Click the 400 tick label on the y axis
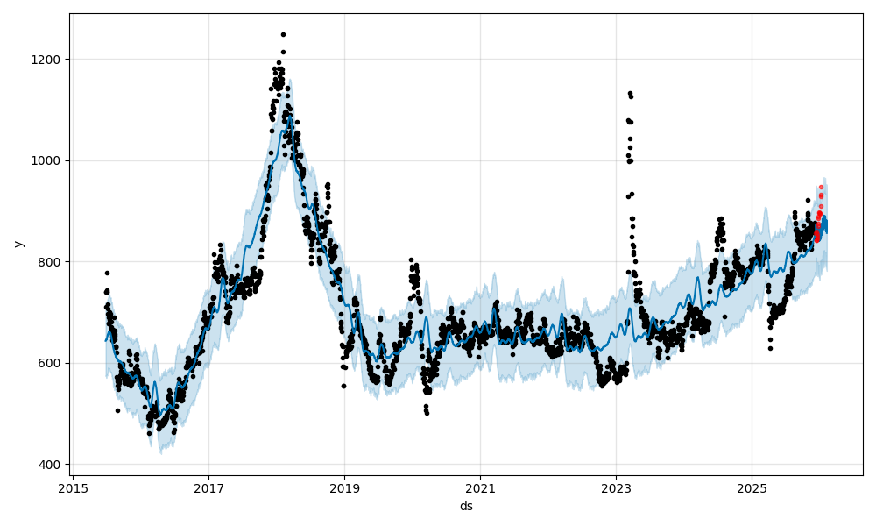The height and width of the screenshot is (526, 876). [52, 465]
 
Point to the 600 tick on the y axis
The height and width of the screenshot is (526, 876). [52, 363]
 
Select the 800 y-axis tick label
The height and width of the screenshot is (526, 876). [52, 262]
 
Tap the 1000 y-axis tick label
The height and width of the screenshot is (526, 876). [48, 160]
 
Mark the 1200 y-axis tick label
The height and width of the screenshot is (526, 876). [48, 60]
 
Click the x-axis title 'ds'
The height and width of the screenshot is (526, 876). [466, 506]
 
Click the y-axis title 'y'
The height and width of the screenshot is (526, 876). [18, 244]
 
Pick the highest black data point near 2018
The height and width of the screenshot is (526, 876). [283, 34]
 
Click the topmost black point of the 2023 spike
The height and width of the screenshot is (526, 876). [630, 93]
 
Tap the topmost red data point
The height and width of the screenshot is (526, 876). [821, 187]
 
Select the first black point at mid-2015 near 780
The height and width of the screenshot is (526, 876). [107, 273]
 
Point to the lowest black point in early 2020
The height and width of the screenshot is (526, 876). [427, 412]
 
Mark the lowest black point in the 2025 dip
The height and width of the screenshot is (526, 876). [770, 348]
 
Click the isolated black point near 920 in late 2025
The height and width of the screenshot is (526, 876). [808, 200]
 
